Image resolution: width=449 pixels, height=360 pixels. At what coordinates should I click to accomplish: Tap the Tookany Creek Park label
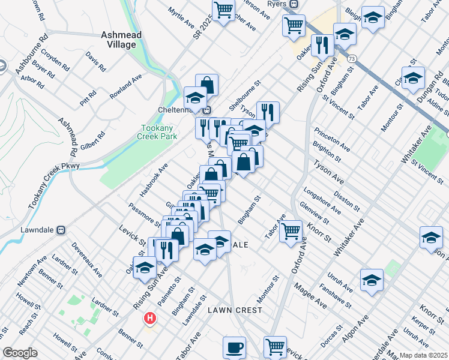(x=158, y=133)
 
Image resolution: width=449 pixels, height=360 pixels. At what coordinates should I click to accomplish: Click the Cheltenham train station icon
(x=206, y=110)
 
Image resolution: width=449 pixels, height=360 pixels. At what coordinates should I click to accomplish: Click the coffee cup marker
(x=234, y=347)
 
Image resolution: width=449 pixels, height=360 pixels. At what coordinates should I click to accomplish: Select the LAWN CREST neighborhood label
(x=235, y=310)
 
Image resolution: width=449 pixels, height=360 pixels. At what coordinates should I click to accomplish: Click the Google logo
(x=20, y=353)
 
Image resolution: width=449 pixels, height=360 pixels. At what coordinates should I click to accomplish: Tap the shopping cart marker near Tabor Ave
(x=291, y=230)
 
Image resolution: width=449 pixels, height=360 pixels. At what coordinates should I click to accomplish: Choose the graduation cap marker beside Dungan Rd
(x=412, y=78)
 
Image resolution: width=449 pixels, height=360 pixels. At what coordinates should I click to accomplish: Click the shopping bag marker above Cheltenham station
(x=206, y=84)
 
